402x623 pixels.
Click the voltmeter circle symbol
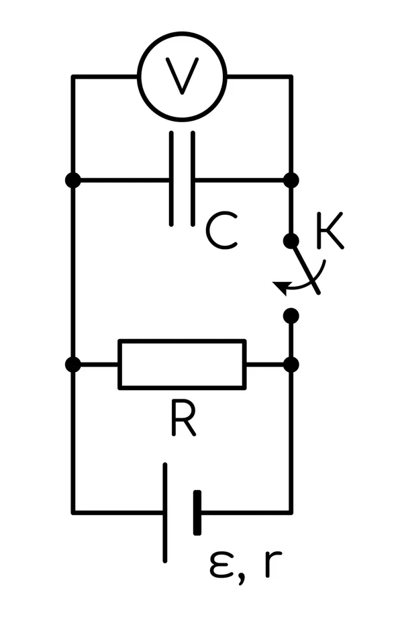tap(183, 33)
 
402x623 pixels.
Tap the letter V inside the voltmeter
tap(183, 77)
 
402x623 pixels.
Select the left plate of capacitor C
tap(172, 179)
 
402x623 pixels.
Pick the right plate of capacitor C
tap(193, 179)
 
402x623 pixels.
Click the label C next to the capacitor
tap(221, 231)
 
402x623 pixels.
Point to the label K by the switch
tap(330, 231)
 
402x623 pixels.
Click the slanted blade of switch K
tap(305, 267)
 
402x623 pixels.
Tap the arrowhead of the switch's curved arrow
tap(280, 287)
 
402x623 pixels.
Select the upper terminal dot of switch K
tap(291, 241)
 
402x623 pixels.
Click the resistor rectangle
tap(183, 340)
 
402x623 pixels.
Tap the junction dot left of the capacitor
tap(72, 180)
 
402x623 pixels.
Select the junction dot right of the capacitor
tap(291, 180)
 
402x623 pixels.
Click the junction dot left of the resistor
tap(72, 365)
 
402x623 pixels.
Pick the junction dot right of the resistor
tap(291, 365)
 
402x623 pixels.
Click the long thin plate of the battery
tap(165, 512)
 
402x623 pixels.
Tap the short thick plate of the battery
tap(197, 512)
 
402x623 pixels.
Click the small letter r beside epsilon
tap(272, 564)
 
